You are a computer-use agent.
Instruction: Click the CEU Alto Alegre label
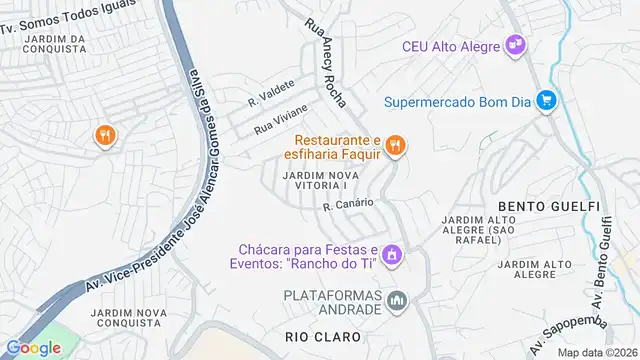tap(453, 46)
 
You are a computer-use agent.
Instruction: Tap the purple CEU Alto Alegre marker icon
tap(516, 44)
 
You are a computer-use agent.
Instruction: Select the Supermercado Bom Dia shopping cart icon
tap(545, 100)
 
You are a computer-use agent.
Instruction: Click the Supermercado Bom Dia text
tap(458, 100)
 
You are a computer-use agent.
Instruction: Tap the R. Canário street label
tap(348, 204)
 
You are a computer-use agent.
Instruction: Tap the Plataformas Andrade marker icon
tap(397, 300)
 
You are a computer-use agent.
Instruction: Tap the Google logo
tap(34, 347)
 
